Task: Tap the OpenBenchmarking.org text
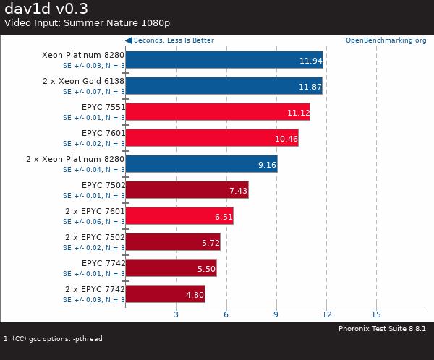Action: [386, 40]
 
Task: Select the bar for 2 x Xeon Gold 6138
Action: [224, 85]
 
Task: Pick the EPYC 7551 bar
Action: [217, 111]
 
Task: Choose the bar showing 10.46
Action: [212, 137]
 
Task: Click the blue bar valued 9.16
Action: [201, 163]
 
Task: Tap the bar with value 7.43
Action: [187, 189]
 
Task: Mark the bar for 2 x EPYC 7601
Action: [179, 215]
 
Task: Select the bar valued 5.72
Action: [173, 241]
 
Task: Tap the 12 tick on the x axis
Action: [326, 314]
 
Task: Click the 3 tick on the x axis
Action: [176, 314]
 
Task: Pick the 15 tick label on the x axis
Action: [376, 314]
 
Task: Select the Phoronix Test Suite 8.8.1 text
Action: [382, 329]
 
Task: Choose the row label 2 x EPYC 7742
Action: [95, 289]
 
